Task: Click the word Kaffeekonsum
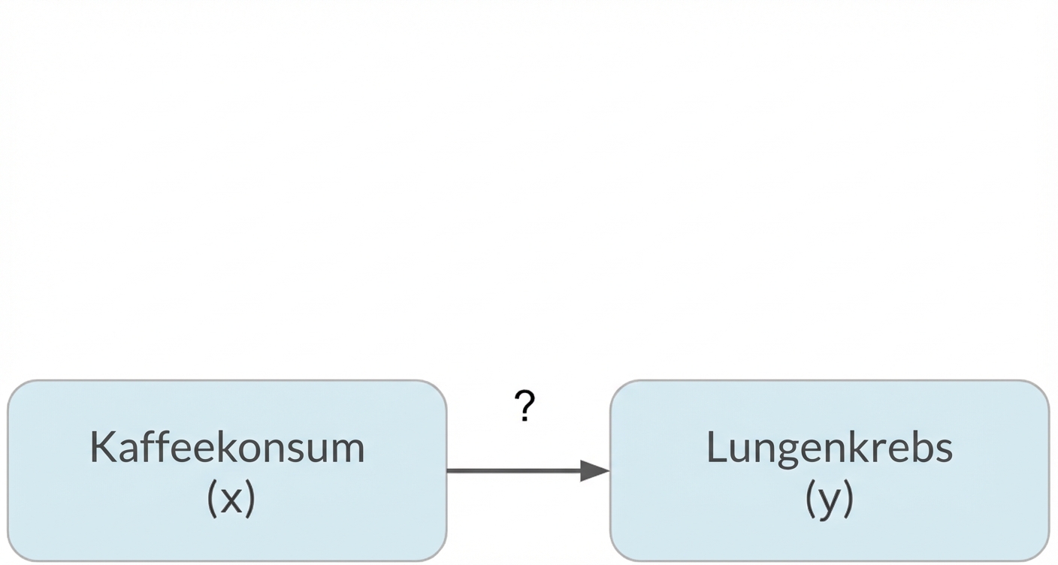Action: click(x=227, y=447)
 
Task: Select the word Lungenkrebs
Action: click(x=829, y=447)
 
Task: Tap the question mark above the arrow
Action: click(x=525, y=406)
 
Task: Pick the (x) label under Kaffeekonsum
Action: click(x=231, y=498)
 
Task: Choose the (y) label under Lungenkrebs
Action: click(x=829, y=498)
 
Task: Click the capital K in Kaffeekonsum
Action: click(x=101, y=447)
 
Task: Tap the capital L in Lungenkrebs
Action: click(x=715, y=447)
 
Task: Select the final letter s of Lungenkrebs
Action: click(x=945, y=449)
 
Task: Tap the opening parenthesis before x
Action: click(x=211, y=499)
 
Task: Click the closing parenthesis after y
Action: click(x=848, y=499)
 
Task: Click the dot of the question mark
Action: click(x=525, y=419)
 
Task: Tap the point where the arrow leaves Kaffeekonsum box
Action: click(x=448, y=471)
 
